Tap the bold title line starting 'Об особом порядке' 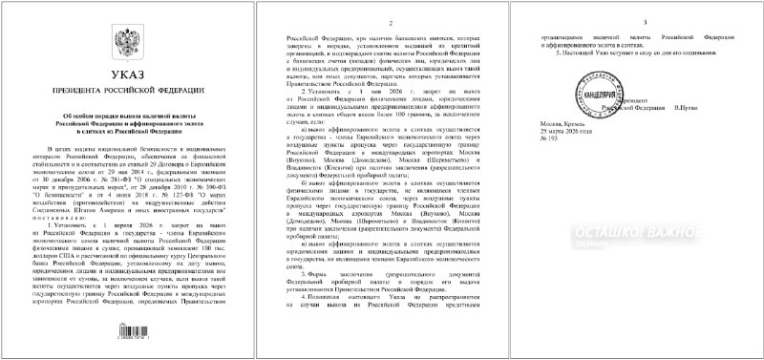pyautogui.click(x=127, y=115)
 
